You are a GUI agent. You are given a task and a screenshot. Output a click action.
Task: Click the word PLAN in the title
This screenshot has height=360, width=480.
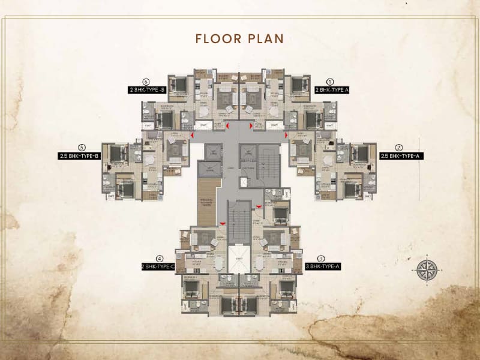(x=263, y=39)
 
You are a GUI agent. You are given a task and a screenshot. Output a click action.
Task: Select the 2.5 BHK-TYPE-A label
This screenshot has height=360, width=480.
(x=401, y=156)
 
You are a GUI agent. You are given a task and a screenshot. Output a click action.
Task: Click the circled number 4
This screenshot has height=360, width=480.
(x=160, y=259)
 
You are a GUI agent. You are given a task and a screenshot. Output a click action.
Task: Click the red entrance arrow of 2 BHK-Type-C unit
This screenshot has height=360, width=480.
(x=223, y=224)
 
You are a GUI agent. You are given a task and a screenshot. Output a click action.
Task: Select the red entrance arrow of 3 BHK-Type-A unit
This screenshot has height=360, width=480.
(x=259, y=206)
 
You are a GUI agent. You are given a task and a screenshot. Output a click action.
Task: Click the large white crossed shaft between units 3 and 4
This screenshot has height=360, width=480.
(x=241, y=259)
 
